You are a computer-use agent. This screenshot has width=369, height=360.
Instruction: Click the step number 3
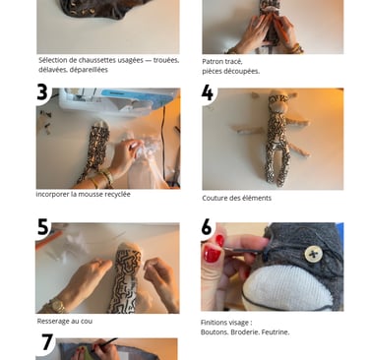click(42, 92)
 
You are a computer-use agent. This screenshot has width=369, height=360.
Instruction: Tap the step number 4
click(207, 92)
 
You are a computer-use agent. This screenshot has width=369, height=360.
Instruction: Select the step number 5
click(42, 227)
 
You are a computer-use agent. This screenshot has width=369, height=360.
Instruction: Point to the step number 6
click(207, 227)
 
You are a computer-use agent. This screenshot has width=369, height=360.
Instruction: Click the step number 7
click(47, 342)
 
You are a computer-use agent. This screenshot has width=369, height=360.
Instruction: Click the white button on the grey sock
click(313, 254)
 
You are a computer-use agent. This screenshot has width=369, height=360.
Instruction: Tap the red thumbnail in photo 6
click(212, 255)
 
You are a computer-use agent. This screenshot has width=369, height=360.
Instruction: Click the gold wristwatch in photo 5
click(56, 306)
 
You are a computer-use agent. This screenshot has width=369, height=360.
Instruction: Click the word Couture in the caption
click(215, 198)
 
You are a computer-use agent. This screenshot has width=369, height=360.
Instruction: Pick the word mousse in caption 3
click(92, 194)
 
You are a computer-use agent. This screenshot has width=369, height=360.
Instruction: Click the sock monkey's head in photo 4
click(278, 100)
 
